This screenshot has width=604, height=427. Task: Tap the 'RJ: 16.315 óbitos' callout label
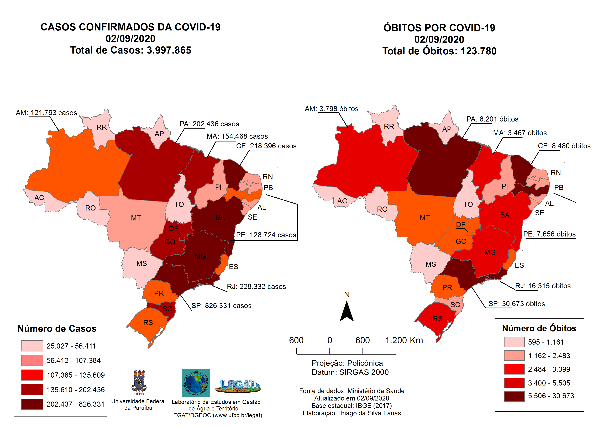[x=543, y=286]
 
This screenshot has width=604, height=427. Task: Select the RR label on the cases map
[x=102, y=127]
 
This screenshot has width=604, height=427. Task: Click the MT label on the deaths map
[x=425, y=218]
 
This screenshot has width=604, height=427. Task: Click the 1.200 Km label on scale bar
[x=404, y=340]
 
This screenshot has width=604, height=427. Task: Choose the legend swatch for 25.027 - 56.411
[x=32, y=346]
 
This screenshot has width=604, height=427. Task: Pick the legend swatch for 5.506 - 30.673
[x=514, y=396]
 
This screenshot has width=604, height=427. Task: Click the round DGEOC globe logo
[x=196, y=383]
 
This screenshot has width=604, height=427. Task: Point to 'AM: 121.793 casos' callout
[x=46, y=113]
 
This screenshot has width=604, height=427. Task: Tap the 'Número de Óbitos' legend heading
[x=539, y=328]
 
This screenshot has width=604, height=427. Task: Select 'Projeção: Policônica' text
[x=347, y=363]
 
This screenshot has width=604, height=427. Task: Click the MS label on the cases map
[x=141, y=263]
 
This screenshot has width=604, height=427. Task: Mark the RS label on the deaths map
[x=438, y=319]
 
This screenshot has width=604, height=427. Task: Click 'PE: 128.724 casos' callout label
[x=266, y=235]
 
